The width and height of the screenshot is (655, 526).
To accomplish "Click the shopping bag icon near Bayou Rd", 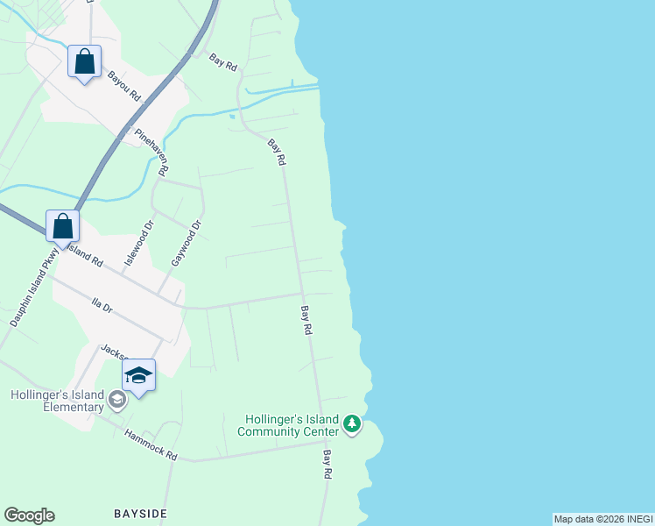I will click(84, 62).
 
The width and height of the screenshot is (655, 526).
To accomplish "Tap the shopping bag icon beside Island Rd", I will click(63, 226).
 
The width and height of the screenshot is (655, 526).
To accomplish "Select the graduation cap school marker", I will click(138, 376).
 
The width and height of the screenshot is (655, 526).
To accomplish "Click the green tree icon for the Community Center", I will click(352, 424).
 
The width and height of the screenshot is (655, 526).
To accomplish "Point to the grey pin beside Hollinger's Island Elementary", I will click(116, 401).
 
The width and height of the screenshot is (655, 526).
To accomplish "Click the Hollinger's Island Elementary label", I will click(57, 401).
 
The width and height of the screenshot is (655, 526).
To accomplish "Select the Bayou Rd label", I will click(123, 86).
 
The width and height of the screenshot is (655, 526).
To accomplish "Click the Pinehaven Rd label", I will click(151, 151).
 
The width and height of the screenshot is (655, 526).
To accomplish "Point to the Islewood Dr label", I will click(138, 243).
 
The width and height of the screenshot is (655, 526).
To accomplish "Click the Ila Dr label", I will click(102, 305).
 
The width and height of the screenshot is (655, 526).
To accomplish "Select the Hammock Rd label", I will click(151, 445).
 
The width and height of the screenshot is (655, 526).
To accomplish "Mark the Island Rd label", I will click(85, 255).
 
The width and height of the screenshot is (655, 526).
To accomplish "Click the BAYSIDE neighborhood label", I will click(140, 513).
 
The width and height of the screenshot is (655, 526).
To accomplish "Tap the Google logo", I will click(29, 515).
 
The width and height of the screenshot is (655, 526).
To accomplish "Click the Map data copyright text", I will click(603, 519).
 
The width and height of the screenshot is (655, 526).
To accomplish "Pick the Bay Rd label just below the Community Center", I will click(327, 464).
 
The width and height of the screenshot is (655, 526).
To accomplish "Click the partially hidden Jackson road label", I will click(114, 351).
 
